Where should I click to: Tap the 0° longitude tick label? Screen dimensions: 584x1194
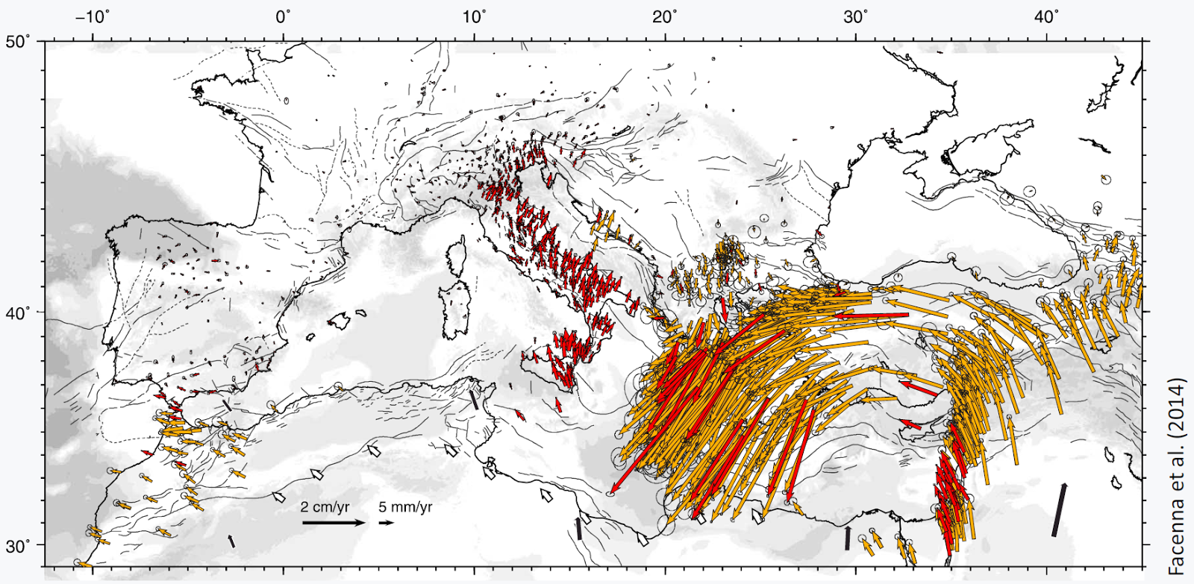283,16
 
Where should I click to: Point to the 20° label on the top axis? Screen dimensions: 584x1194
664,16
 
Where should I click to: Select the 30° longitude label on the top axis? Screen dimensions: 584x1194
855,16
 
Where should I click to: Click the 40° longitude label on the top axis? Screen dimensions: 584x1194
1046,16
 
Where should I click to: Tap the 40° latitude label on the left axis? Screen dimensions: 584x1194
19,312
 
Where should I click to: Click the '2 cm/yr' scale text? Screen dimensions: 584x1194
325,507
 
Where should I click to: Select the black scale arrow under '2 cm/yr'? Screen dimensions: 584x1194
333,523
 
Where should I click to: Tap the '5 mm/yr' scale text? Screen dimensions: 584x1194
405,507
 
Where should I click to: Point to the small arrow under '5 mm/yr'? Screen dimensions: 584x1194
386,523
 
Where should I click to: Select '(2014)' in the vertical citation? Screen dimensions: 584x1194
1177,406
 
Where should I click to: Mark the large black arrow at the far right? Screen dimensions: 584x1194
1059,509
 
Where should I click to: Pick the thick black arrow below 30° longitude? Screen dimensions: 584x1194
847,538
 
